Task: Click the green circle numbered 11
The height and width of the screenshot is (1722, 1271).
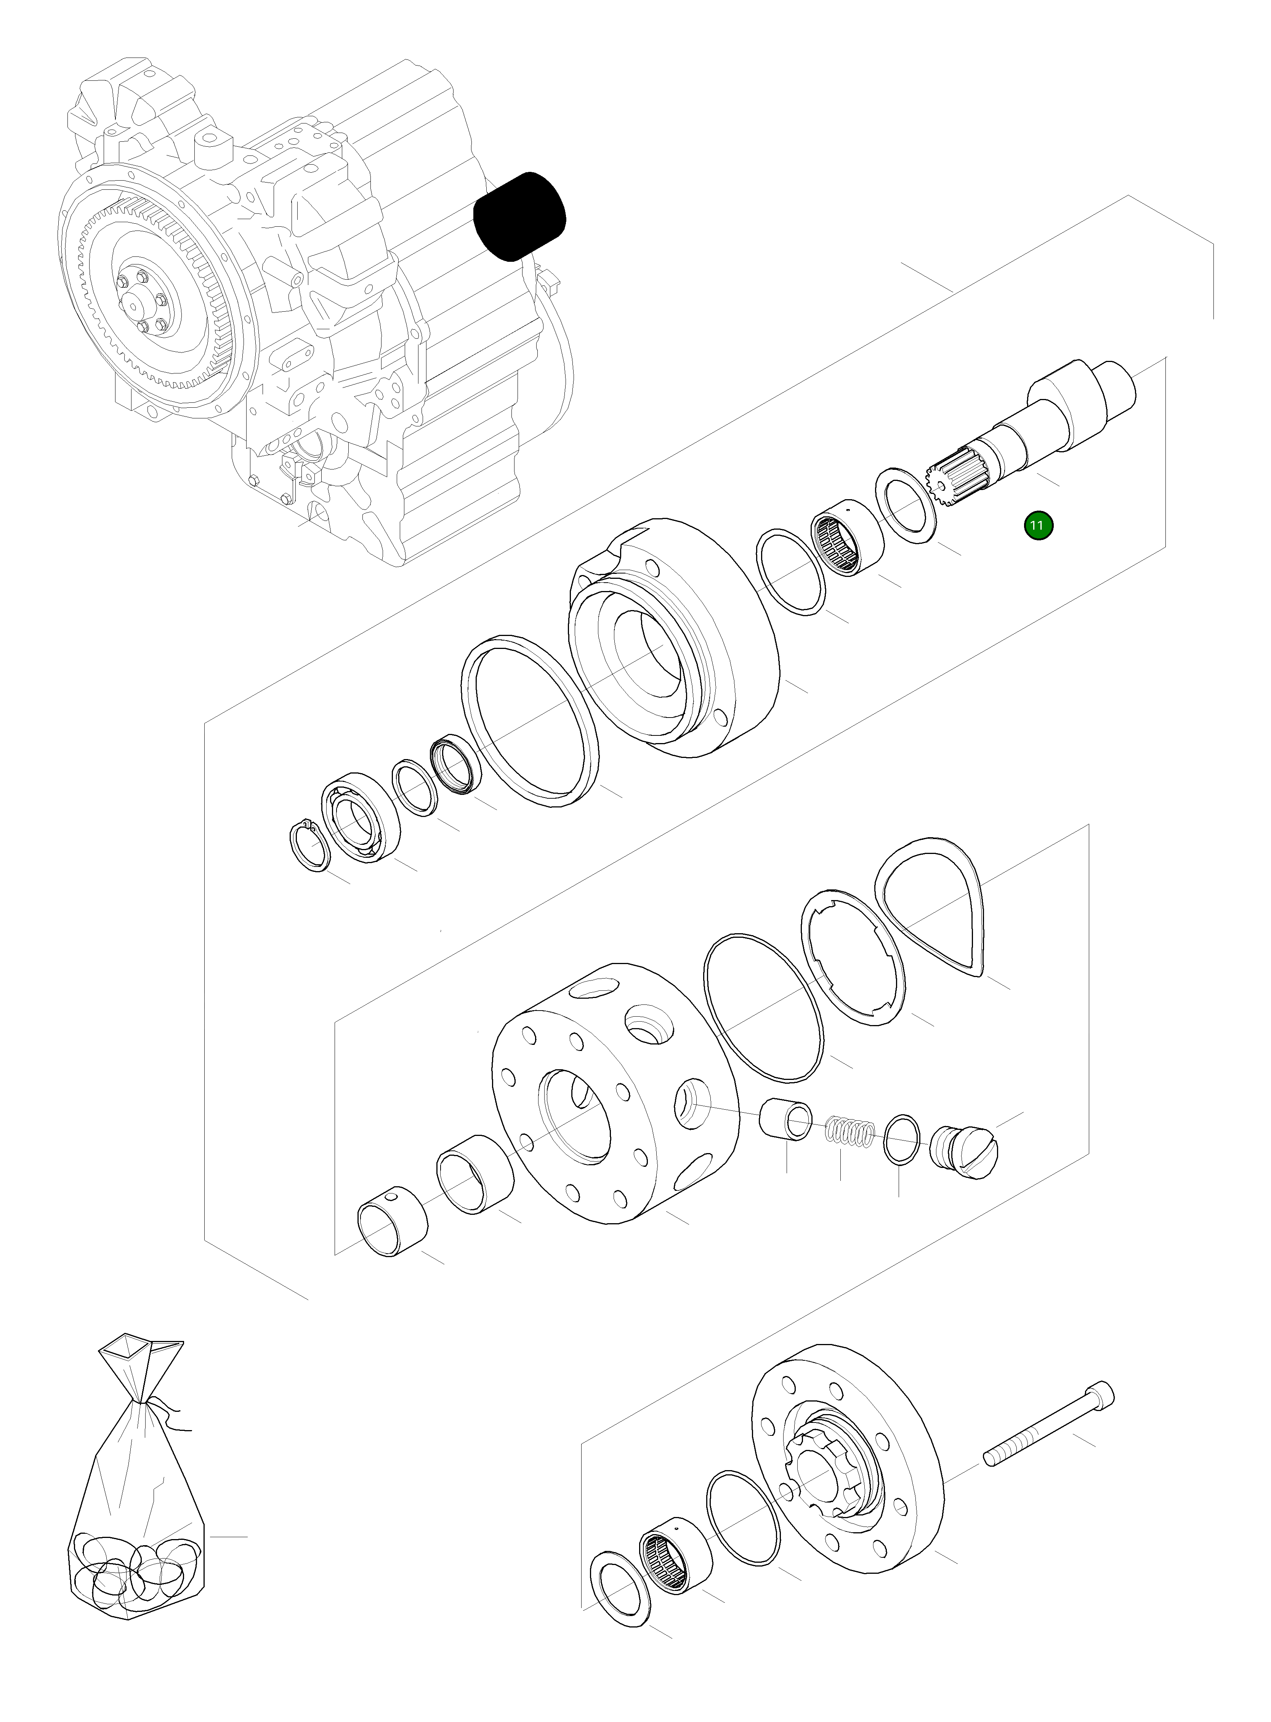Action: (1037, 526)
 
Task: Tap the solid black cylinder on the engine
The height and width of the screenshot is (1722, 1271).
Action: (519, 216)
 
